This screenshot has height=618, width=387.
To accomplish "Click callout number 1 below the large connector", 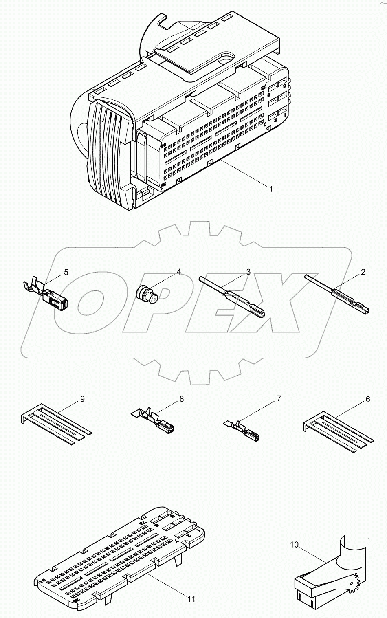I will [x=270, y=189].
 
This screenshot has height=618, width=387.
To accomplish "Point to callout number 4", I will [x=178, y=272].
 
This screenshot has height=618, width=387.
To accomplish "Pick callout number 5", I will [x=66, y=272].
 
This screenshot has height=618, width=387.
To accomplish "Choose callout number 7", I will [x=279, y=399].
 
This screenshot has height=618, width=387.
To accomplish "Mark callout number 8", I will [x=181, y=399].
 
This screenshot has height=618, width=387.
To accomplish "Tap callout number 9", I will [x=82, y=399].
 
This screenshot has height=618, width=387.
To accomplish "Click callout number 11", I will [x=191, y=599].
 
